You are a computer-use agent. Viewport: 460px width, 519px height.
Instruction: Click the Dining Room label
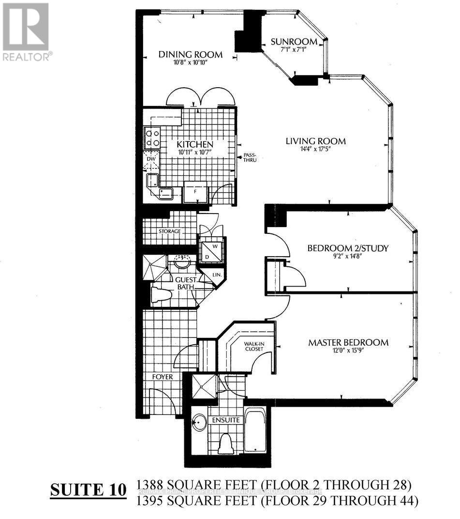coord(191,54)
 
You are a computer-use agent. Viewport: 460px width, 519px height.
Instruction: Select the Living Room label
coord(315,141)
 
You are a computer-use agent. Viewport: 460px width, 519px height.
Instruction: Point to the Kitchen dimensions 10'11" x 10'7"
coord(188,153)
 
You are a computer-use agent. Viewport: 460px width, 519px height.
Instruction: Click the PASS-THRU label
coord(250,157)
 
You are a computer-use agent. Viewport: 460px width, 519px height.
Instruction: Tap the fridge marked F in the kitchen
coord(195,192)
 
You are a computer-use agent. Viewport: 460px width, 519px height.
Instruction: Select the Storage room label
coord(169,231)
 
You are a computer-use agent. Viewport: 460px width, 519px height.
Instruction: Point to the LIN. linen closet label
coord(217,275)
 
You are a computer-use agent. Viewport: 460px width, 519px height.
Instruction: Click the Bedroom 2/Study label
coord(348,249)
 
